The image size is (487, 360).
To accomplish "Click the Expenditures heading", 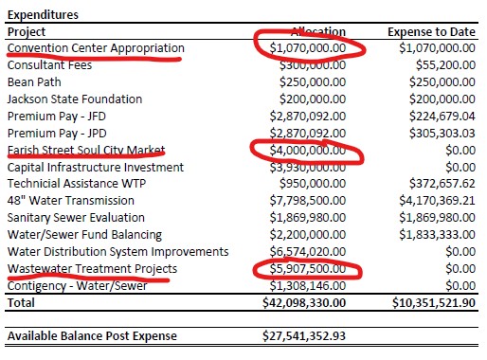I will [43, 14].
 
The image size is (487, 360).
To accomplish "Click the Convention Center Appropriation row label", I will [96, 48].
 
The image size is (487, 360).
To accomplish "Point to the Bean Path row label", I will [35, 82].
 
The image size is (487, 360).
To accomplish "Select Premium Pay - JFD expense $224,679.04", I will [440, 117].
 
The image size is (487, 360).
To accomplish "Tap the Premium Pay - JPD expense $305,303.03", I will [440, 134].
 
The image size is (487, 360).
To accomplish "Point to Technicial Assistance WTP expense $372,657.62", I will [440, 185].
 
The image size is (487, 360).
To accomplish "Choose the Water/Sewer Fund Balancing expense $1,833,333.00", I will [435, 236].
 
